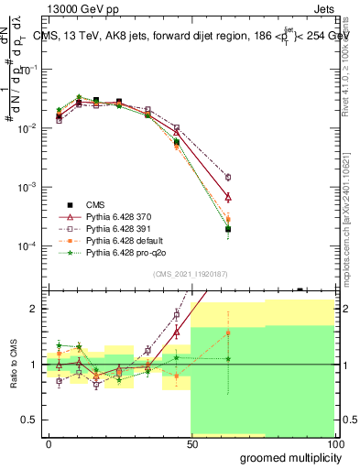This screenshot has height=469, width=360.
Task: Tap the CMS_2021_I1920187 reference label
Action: pos(191,274)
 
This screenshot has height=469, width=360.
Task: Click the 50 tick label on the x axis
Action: pos(191,444)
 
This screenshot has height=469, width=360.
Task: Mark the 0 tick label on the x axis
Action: pos(49,444)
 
